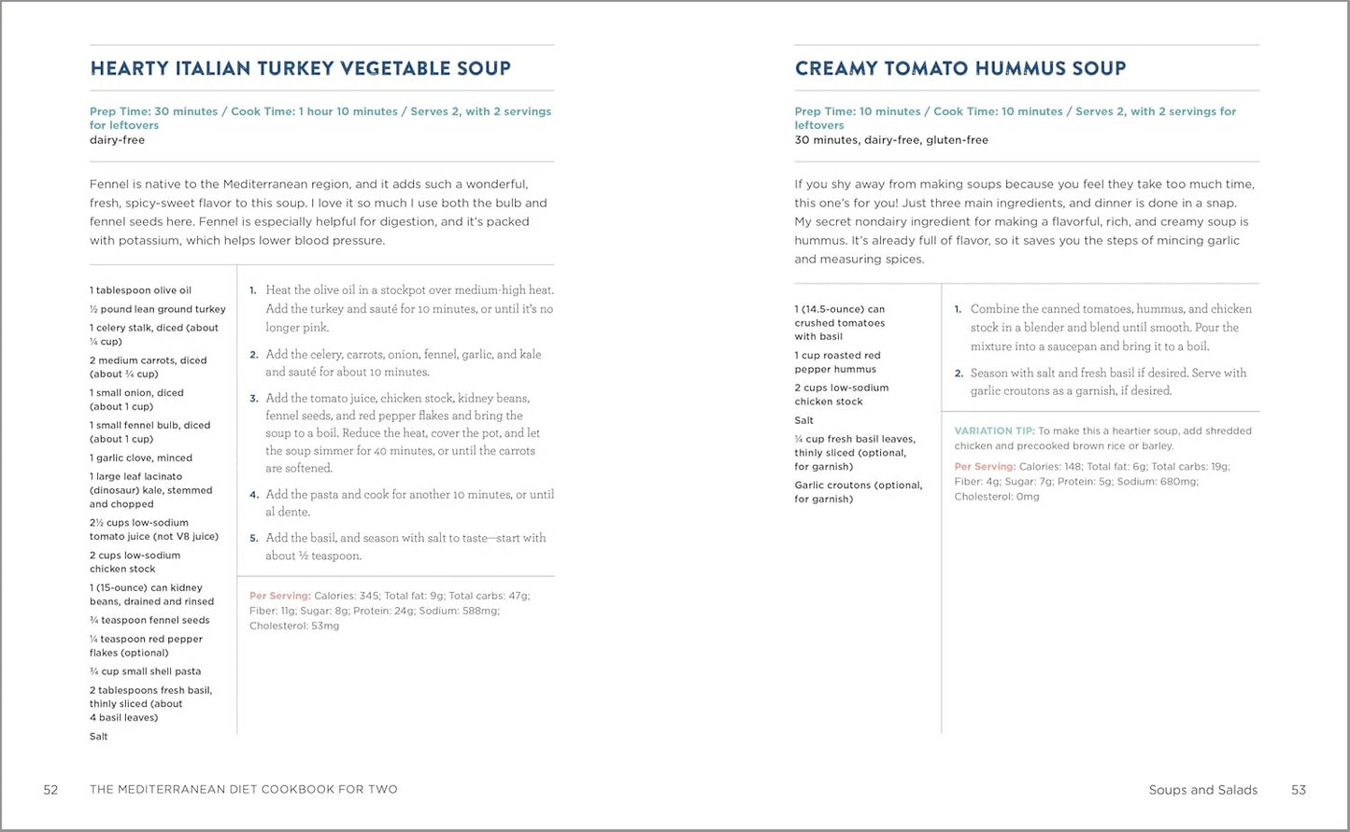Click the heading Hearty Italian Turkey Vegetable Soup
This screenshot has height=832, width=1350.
coord(300,68)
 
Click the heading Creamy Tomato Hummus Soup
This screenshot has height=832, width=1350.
coord(960,68)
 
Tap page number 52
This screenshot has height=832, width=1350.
coord(50,790)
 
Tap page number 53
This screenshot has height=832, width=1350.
coord(1299,790)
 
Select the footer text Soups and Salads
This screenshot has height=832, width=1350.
coord(1202,790)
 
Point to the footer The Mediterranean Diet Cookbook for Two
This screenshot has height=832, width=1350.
coord(243,790)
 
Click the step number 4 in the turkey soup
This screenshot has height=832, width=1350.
coord(254,495)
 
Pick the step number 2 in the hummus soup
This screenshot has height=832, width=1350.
coord(959,374)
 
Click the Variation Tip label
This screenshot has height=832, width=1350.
coord(994,431)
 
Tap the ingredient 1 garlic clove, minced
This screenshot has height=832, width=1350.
coord(141,458)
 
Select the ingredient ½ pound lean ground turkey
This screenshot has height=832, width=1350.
coord(158,309)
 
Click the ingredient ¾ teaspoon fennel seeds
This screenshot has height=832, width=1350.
coord(149,620)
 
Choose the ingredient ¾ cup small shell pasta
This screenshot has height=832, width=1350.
coord(145,671)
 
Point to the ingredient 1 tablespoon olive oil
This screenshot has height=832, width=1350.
coord(140,290)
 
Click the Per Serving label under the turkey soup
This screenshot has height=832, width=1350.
coord(279,596)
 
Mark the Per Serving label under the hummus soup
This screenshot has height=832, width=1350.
coord(984,467)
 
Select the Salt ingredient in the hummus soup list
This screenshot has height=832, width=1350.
coord(804,420)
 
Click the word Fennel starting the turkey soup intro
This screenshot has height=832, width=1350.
coord(108,184)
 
